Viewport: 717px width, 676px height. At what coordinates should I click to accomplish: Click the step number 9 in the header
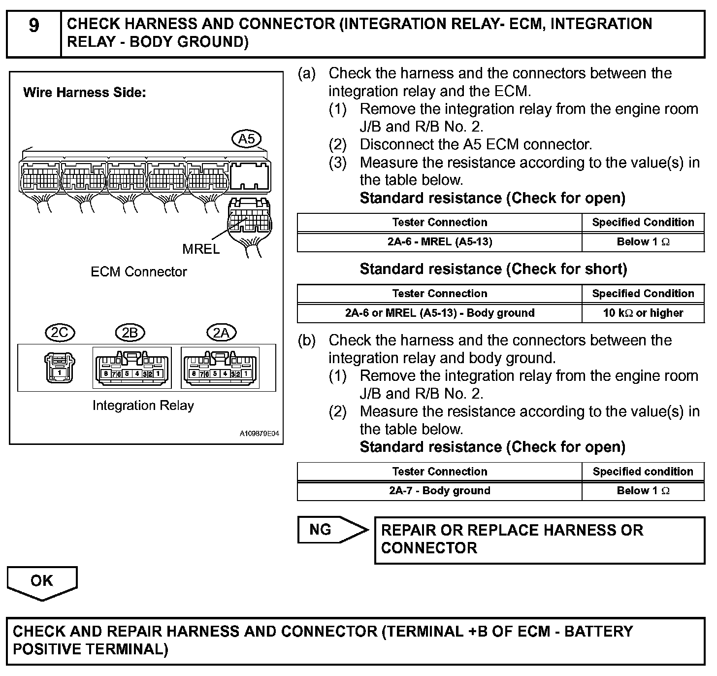pyautogui.click(x=33, y=25)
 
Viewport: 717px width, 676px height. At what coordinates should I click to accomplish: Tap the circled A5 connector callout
pyautogui.click(x=246, y=139)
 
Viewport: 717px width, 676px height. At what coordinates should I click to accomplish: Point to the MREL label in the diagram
pyautogui.click(x=201, y=249)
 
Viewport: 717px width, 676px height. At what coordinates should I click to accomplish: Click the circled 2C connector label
pyautogui.click(x=60, y=333)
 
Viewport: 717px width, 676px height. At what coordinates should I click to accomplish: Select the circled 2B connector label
pyautogui.click(x=130, y=333)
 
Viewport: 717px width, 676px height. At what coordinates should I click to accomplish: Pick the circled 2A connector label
pyautogui.click(x=221, y=333)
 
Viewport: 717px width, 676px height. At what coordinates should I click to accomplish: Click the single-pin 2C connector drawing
pyautogui.click(x=60, y=367)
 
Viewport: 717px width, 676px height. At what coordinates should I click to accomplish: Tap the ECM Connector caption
pyautogui.click(x=139, y=271)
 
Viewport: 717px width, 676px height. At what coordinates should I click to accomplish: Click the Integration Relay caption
pyautogui.click(x=143, y=406)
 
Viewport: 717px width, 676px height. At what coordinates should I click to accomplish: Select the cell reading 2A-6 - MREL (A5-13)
pyautogui.click(x=439, y=242)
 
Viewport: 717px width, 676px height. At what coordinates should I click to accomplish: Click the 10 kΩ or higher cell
pyautogui.click(x=643, y=313)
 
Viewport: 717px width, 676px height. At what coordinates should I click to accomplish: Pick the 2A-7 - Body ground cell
pyautogui.click(x=439, y=491)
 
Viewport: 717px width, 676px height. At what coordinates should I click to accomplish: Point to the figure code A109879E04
pyautogui.click(x=260, y=434)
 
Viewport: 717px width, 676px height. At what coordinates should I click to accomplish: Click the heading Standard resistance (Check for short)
pyautogui.click(x=493, y=269)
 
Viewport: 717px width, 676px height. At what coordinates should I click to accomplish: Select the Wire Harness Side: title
pyautogui.click(x=85, y=93)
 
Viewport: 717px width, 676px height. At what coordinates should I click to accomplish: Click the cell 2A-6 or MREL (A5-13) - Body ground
pyautogui.click(x=439, y=313)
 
